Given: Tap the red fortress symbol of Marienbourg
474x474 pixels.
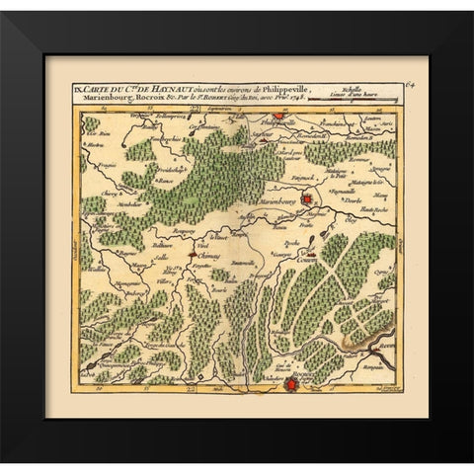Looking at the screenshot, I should [x=308, y=200].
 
